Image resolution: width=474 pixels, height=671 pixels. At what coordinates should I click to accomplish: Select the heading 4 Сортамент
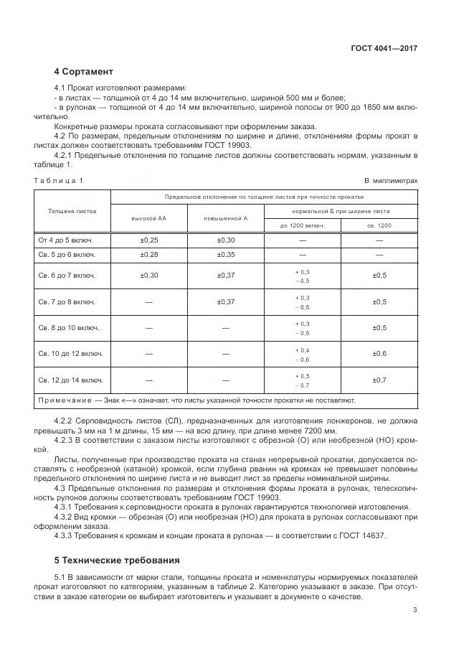(83, 72)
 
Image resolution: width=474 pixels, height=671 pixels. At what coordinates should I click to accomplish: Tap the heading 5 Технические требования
(118, 560)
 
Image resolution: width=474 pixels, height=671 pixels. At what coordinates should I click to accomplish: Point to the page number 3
(414, 610)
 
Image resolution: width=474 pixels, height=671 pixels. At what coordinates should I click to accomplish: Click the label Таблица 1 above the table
(59, 181)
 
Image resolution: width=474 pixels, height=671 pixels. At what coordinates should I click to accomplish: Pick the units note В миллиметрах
(391, 181)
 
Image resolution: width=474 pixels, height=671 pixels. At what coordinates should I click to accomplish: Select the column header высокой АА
(148, 217)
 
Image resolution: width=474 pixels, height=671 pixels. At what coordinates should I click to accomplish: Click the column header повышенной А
(225, 217)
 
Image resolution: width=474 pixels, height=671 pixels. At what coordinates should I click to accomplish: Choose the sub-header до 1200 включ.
(302, 225)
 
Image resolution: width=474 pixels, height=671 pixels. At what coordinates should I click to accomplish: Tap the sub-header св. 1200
(379, 225)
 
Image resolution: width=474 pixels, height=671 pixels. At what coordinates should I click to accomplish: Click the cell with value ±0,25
(148, 240)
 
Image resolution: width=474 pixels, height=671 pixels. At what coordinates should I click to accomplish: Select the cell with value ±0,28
(148, 255)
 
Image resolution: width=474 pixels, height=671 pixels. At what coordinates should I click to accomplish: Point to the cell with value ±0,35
(225, 255)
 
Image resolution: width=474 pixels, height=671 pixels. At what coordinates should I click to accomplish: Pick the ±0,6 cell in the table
(379, 353)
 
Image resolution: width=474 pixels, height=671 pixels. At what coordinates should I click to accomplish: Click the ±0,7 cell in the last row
(379, 379)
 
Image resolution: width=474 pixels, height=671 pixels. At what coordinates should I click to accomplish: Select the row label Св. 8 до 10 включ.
(69, 327)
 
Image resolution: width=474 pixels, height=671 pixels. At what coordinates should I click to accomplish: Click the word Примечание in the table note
(64, 400)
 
